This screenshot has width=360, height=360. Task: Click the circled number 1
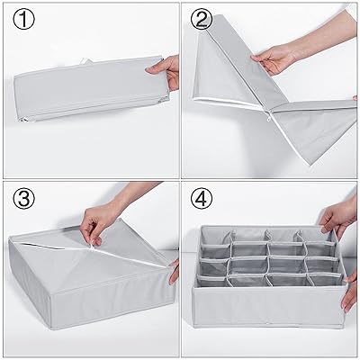23,19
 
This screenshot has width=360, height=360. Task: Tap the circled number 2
202,19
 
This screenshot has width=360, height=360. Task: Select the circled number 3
23,198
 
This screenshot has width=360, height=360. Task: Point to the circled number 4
202,198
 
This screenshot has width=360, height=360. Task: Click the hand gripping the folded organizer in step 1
165,72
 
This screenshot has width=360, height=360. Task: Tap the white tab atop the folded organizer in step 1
85,61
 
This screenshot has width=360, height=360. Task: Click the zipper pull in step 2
270,116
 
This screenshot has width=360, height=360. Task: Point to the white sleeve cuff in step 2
351,12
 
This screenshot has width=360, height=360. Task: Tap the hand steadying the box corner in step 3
174,272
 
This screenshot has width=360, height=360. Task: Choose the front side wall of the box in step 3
111,300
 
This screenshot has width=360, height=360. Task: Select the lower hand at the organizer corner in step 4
350,292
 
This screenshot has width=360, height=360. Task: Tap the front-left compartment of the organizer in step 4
211,282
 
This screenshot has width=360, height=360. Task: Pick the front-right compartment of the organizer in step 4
326,280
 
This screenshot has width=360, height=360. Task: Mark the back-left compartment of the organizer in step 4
217,237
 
